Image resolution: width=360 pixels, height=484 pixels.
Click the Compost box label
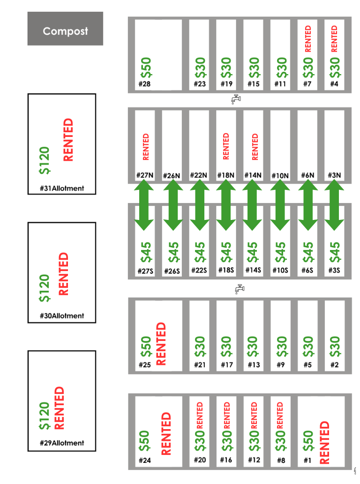pos(65,31)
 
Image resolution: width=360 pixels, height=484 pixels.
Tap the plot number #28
pos(144,84)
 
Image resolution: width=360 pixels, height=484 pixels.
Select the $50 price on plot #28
pos(146,68)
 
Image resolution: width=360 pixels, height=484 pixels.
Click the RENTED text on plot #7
pos(308,38)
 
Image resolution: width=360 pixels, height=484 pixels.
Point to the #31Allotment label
pos(62,189)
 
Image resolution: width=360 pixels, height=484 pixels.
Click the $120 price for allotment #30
pos(44,288)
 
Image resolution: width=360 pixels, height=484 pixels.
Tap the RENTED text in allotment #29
pos(59,408)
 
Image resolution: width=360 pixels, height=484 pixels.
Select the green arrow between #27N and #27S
pos(144,204)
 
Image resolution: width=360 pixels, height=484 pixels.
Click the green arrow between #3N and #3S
pos(334,204)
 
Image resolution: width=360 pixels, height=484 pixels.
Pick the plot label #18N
pos(225,175)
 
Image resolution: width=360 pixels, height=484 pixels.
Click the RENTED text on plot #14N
pos(255,147)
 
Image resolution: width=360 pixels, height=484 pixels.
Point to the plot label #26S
pos(172,271)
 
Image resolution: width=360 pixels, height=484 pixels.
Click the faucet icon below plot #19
pos(237,99)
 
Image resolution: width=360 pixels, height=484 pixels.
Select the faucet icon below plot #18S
pos(239,289)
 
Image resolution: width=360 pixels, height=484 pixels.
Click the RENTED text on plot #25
pos(161,343)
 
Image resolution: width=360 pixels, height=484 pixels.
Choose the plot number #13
pos(254,365)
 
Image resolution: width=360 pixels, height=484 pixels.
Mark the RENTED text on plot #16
pos(227,414)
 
